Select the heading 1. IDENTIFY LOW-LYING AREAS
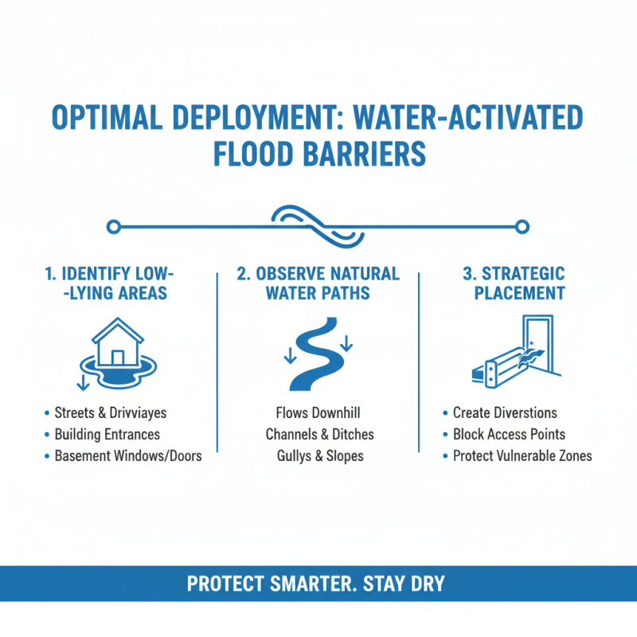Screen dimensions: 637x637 [106, 283]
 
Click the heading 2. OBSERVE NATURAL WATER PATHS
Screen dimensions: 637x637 [318, 283]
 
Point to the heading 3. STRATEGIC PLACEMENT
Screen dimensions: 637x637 [514, 283]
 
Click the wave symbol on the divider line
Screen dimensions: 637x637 [318, 225]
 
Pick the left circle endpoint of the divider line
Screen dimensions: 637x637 [114, 227]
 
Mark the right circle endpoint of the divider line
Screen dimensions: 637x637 [522, 227]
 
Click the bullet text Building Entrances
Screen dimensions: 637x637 [107, 435]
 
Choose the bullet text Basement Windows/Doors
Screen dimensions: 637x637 [127, 456]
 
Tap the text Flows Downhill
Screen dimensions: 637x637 [318, 413]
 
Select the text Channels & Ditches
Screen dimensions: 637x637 [318, 435]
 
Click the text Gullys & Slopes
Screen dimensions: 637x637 [318, 456]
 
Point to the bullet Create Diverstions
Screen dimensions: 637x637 [505, 413]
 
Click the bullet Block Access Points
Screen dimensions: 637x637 [509, 435]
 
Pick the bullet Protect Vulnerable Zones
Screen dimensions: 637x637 [522, 456]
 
